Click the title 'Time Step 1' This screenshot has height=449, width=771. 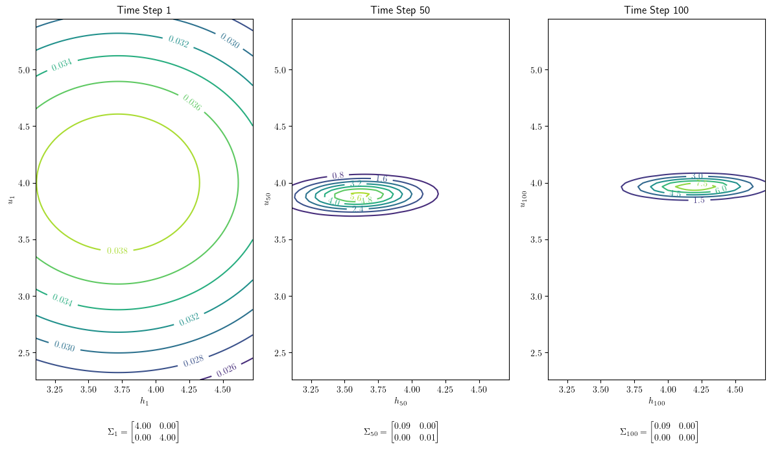[144, 10]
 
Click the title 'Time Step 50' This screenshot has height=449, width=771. [400, 10]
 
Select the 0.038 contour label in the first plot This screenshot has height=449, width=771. [117, 250]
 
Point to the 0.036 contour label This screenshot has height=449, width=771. [191, 103]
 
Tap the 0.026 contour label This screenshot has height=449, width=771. [226, 369]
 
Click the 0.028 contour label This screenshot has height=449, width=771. [194, 361]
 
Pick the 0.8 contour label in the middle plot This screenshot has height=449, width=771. [338, 176]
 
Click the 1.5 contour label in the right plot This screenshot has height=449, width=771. [698, 200]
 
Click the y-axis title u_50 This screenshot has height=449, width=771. [267, 199]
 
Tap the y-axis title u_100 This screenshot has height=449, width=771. [523, 199]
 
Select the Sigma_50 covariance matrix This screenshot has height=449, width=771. [400, 432]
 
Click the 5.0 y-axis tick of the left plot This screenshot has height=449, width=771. [25, 70]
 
